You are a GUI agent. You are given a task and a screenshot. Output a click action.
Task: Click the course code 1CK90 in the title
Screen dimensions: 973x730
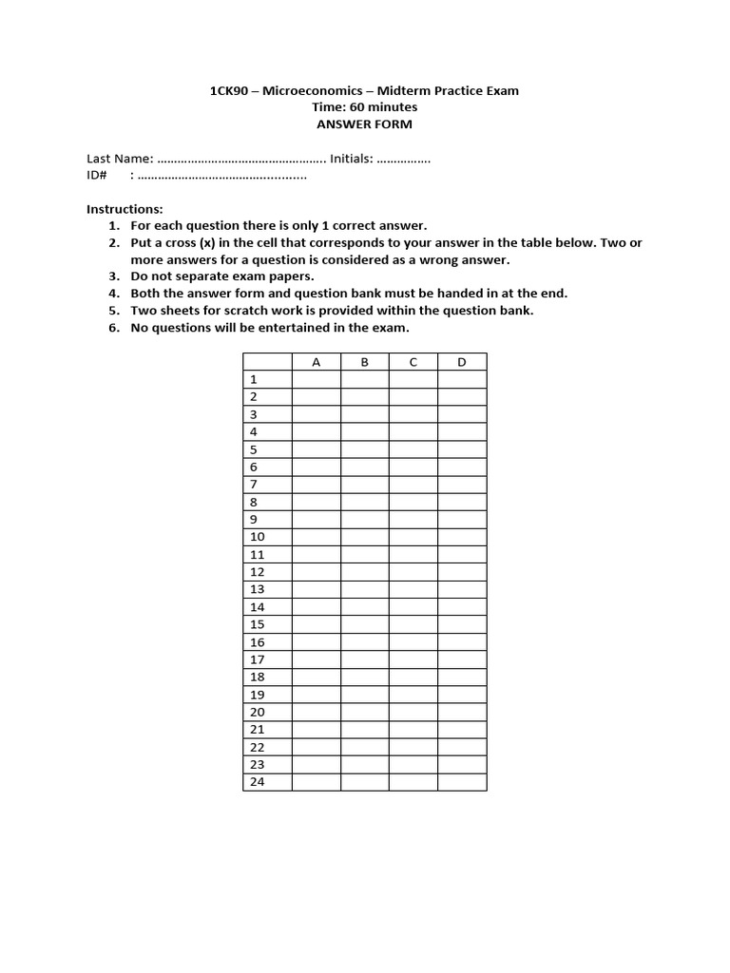click(227, 90)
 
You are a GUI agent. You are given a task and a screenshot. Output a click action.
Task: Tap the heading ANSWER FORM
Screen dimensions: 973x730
click(364, 124)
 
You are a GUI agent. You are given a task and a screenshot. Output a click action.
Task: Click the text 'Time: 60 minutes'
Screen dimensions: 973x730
click(364, 107)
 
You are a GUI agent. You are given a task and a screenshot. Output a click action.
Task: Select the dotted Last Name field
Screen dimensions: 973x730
click(240, 160)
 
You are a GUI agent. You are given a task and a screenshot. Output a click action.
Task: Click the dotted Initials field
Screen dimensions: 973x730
click(403, 160)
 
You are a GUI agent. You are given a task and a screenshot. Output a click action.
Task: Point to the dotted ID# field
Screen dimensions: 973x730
click(222, 176)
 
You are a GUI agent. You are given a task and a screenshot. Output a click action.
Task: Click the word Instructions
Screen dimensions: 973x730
click(125, 208)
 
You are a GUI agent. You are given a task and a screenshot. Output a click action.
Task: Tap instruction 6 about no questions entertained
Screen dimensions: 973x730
click(270, 328)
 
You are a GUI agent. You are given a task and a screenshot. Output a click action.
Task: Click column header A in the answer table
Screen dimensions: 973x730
click(316, 362)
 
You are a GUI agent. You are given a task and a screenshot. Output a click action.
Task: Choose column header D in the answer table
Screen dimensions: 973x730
click(461, 362)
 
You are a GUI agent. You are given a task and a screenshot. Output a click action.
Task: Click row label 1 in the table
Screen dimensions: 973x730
click(254, 379)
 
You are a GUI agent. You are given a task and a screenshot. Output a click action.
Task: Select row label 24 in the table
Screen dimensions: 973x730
click(257, 782)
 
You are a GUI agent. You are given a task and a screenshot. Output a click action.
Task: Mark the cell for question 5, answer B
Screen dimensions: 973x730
click(364, 449)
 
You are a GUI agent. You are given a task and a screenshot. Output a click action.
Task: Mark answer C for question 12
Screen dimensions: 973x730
click(413, 572)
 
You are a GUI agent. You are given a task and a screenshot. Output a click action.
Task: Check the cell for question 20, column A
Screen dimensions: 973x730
click(316, 712)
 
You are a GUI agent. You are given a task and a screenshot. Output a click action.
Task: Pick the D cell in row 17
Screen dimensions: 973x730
click(461, 659)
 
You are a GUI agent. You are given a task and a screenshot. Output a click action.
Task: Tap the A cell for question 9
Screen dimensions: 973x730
click(316, 520)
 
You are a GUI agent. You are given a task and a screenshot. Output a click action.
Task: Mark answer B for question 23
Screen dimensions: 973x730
click(364, 765)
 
